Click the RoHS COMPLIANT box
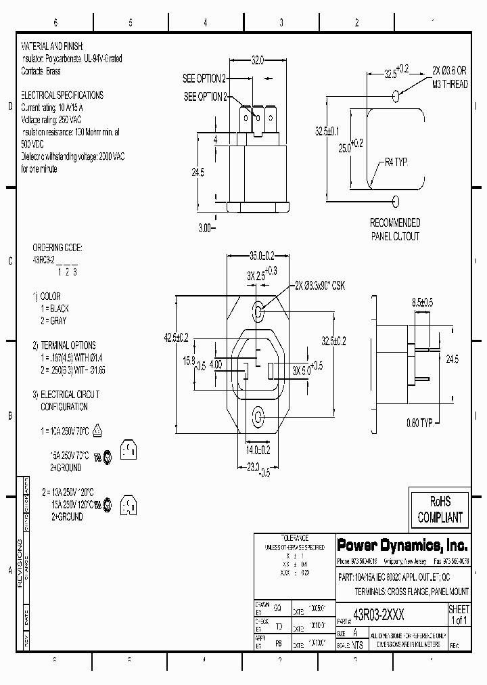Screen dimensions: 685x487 [x=440, y=510]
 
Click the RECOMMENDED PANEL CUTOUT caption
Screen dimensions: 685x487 [x=394, y=229]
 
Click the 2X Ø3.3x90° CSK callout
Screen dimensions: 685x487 [x=320, y=286]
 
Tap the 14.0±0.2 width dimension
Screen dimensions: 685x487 [x=257, y=449]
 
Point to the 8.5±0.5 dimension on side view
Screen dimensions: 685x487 [x=422, y=302]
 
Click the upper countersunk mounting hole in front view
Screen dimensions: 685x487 [x=258, y=311]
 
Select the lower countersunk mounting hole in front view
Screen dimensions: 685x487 [x=258, y=416]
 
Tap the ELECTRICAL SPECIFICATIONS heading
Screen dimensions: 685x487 [x=62, y=95]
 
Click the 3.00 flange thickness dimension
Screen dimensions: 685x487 [x=206, y=228]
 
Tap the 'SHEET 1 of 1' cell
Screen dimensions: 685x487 [x=459, y=615]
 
